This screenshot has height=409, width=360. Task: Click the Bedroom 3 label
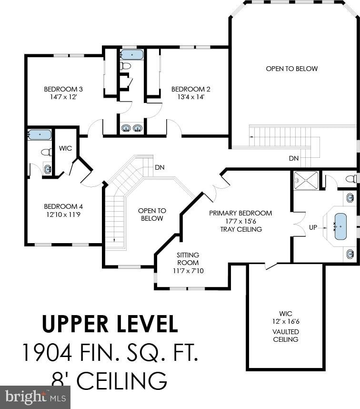click(63, 89)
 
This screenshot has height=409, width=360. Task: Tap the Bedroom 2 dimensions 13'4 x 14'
click(190, 97)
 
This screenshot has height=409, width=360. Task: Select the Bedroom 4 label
click(63, 206)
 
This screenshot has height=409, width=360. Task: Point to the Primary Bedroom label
click(240, 213)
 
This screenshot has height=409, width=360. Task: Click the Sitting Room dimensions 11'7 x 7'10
click(188, 271)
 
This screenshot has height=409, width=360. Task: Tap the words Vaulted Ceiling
click(286, 336)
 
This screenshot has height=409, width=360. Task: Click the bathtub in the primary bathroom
click(340, 226)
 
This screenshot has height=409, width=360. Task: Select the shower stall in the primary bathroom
click(306, 180)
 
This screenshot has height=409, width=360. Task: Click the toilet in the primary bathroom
click(351, 179)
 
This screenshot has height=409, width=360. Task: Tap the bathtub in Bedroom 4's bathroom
click(40, 134)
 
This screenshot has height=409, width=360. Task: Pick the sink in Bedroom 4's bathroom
click(48, 169)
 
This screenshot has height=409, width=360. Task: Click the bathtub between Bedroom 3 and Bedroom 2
click(132, 55)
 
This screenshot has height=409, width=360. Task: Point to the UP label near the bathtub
click(313, 227)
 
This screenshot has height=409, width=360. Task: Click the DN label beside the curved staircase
click(160, 167)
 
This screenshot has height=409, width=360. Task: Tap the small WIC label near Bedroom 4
click(65, 148)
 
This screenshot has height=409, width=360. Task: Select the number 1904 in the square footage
click(47, 352)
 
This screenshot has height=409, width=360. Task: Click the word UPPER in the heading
click(75, 324)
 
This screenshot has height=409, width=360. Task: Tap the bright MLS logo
click(35, 397)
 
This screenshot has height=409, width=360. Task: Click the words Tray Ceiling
click(241, 229)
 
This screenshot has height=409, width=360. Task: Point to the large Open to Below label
click(292, 69)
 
